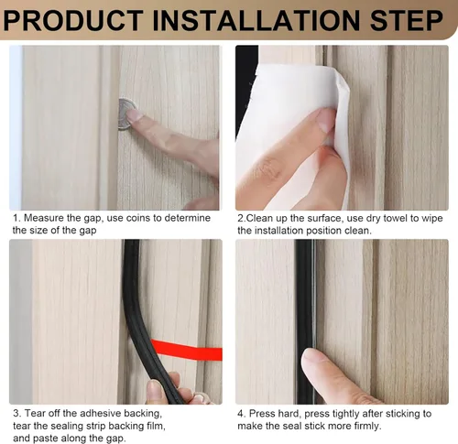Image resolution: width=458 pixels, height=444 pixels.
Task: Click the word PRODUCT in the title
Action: coord(73,20)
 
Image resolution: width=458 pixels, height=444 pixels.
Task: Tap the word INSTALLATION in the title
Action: coord(256,20)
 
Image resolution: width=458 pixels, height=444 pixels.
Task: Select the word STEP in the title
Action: coord(406,20)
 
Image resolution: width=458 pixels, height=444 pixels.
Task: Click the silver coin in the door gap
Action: coord(127,114)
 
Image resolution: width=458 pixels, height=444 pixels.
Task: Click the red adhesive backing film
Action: coord(187,350)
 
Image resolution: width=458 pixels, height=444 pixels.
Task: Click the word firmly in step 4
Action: coord(368,426)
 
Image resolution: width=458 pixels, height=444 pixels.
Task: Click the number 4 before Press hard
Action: coord(241,414)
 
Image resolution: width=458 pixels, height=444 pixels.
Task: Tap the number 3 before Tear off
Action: coord(16,413)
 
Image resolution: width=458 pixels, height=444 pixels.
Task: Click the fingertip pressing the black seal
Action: coord(313,360)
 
